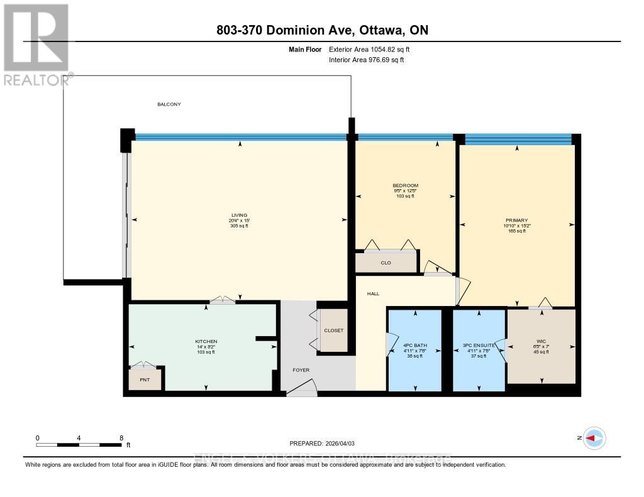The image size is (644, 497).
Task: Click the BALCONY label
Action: point(169,104)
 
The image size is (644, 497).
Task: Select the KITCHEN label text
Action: point(206,342)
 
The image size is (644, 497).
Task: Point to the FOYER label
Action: point(301,370)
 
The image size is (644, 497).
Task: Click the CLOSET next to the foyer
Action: point(333,330)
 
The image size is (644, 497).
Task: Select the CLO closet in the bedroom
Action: point(386,263)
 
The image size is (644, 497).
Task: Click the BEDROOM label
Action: point(405,185)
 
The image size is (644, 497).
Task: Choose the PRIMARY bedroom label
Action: point(516,221)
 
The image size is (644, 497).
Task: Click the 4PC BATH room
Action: point(415,346)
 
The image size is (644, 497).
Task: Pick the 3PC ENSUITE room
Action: point(479,346)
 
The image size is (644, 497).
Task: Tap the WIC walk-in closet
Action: point(541,346)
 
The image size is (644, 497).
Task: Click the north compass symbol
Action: point(593,438)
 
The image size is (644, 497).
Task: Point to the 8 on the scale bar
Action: point(120,438)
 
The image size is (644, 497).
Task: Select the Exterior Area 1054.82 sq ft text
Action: point(369,49)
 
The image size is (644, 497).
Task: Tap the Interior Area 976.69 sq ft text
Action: point(367,60)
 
